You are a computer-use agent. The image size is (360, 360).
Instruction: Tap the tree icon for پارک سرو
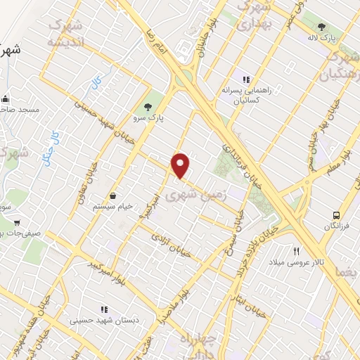coord(147,107)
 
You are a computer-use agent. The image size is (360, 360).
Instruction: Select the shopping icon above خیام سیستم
coord(112,195)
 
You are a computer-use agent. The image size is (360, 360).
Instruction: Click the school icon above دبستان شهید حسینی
coord(104,309)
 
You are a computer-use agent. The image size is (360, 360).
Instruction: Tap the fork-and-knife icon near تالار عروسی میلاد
coord(297,250)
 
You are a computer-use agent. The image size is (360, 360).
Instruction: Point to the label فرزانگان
coord(340,227)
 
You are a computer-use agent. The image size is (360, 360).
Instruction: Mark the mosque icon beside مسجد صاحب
coord(6,99)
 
